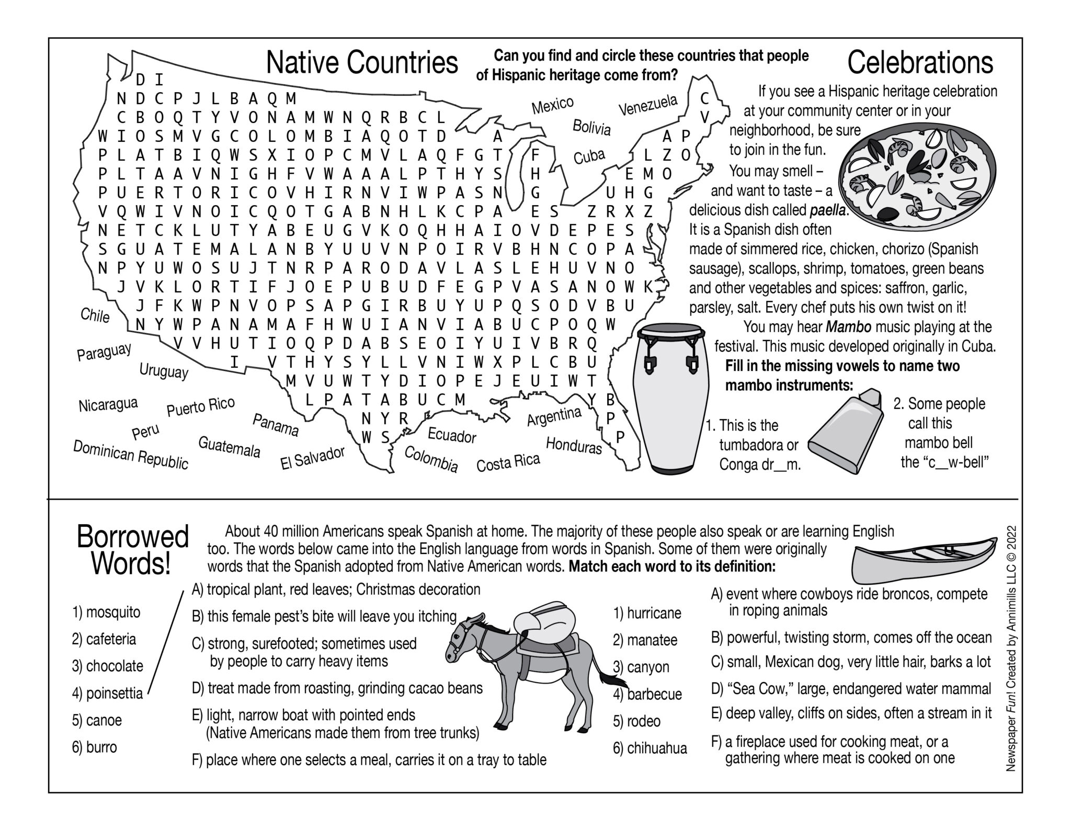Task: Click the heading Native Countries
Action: [362, 63]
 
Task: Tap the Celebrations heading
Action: [920, 63]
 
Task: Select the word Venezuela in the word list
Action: [648, 105]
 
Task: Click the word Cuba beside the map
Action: [589, 156]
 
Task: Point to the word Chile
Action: [95, 315]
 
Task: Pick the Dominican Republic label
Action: [130, 455]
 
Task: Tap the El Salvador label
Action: [313, 458]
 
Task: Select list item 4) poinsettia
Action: [107, 694]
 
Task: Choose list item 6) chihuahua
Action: [650, 748]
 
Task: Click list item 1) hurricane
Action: [647, 613]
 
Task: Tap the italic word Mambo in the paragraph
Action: [848, 327]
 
